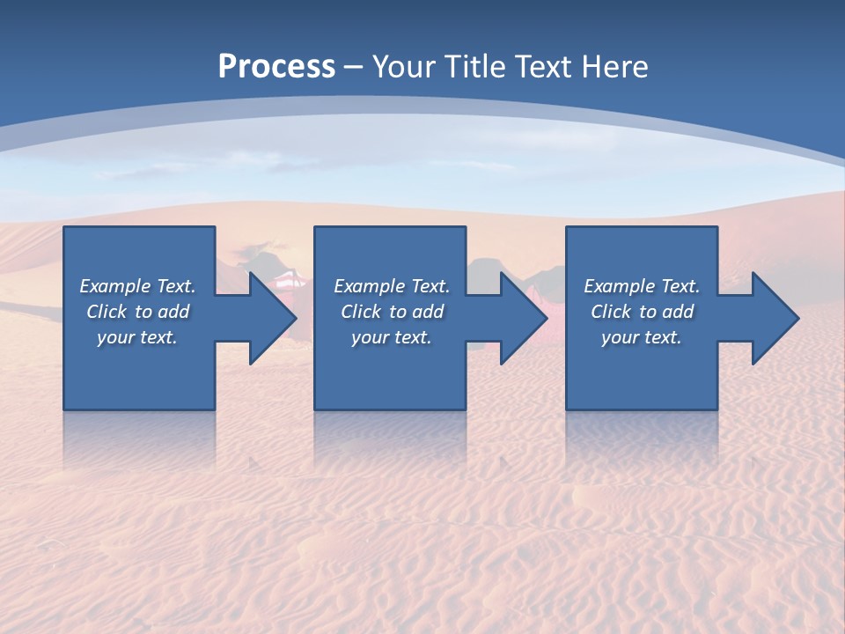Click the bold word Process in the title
tap(276, 67)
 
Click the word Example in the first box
tap(115, 286)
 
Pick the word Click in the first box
tap(107, 312)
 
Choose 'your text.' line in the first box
tap(137, 337)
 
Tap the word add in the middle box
tap(429, 312)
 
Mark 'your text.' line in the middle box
tap(392, 337)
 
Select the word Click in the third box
tap(611, 312)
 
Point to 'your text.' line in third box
tap(642, 337)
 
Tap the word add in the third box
tap(679, 312)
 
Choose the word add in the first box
tap(174, 312)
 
